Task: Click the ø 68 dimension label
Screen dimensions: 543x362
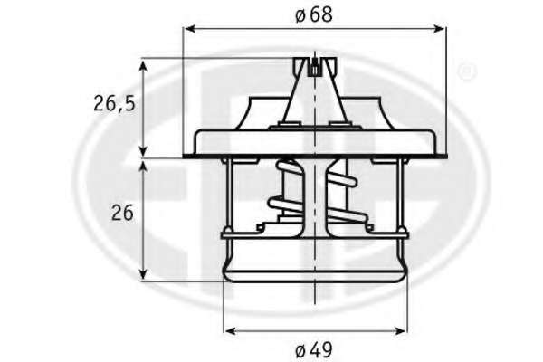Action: [x=314, y=15]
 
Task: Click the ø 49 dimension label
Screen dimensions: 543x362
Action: [x=314, y=350]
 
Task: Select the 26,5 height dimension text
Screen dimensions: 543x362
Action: [x=114, y=104]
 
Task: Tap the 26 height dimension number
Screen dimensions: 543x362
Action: [x=122, y=213]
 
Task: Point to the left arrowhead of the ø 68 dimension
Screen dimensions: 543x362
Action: [x=190, y=28]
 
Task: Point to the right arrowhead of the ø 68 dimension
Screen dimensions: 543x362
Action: [x=439, y=28]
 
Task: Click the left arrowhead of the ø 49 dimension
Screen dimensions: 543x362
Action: [x=230, y=331]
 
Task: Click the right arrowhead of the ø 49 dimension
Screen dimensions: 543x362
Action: [x=400, y=331]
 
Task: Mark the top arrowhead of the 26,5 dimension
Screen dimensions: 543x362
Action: [x=143, y=66]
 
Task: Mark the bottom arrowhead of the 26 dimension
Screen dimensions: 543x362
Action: [x=143, y=273]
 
